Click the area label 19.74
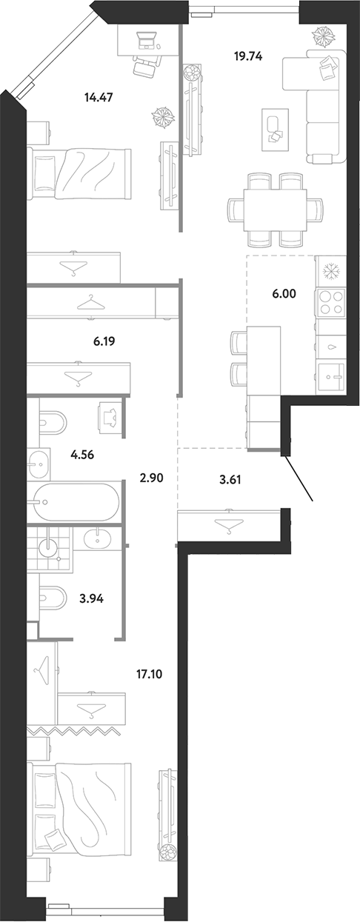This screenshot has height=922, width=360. [x=248, y=56]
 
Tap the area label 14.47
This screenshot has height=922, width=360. [x=99, y=98]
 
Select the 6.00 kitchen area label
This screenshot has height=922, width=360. [x=284, y=294]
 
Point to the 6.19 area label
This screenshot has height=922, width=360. [x=104, y=341]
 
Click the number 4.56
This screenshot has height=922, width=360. [x=83, y=455]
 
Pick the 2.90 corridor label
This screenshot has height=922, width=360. [x=152, y=478]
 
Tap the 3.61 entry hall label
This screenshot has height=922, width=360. [x=229, y=480]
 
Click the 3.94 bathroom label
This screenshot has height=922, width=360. [x=91, y=598]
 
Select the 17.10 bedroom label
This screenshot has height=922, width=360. [x=149, y=674]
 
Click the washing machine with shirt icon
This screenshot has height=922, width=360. [x=110, y=418]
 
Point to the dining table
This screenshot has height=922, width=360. [x=275, y=210]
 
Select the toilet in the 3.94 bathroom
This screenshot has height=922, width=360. [x=53, y=598]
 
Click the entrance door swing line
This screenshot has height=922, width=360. [x=299, y=478]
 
